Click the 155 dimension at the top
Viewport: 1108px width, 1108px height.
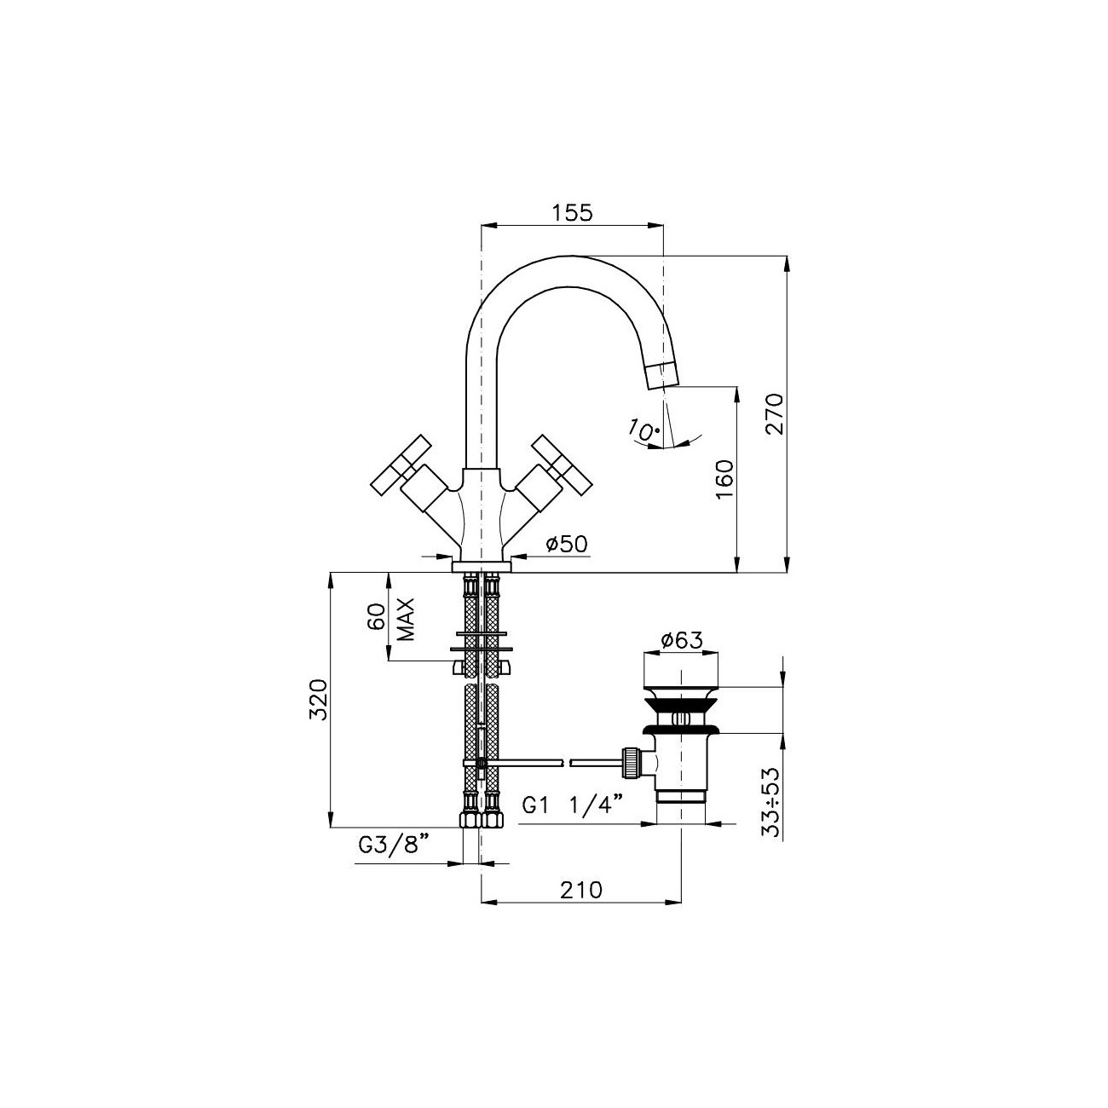pyautogui.click(x=572, y=213)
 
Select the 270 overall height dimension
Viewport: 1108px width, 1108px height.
pyautogui.click(x=773, y=413)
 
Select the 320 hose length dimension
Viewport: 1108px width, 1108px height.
pyautogui.click(x=318, y=700)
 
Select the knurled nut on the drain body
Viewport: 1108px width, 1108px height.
pyautogui.click(x=631, y=760)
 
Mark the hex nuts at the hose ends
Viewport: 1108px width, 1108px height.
pyautogui.click(x=482, y=820)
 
